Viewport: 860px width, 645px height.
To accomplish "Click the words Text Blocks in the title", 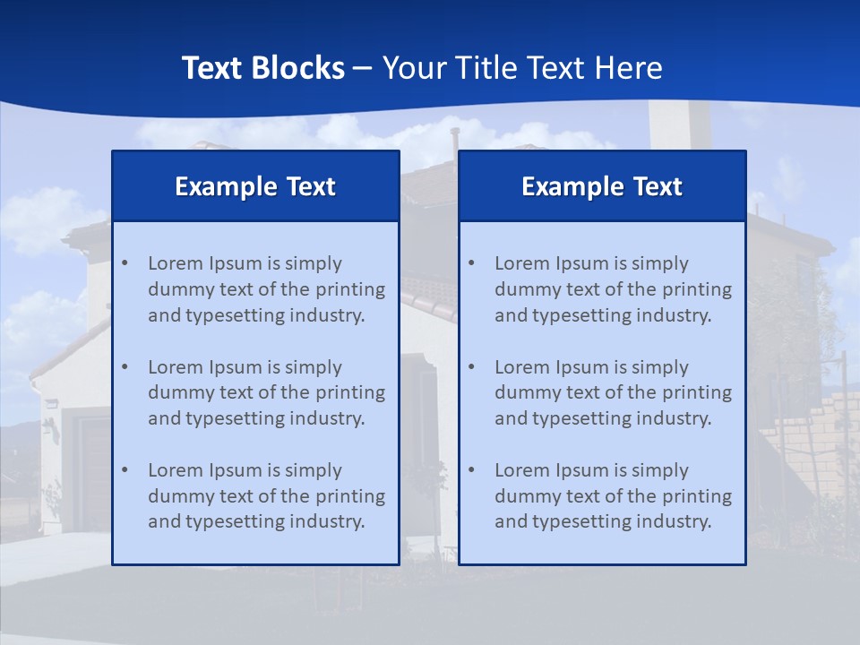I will click(x=262, y=68).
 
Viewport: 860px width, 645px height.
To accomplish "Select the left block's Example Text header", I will click(x=255, y=186).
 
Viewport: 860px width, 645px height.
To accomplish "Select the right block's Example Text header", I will click(x=602, y=186).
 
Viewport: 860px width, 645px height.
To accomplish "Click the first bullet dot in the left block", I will click(x=125, y=263).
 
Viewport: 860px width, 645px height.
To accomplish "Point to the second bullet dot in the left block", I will click(x=125, y=367).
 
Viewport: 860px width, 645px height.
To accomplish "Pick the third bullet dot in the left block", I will click(x=125, y=470).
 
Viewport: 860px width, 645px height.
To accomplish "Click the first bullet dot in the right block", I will click(x=471, y=263).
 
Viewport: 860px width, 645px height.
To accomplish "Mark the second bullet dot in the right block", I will click(x=471, y=367).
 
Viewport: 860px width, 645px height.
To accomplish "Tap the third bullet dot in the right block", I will click(x=471, y=470).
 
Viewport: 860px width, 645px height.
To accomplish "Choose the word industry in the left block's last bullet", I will click(x=327, y=521).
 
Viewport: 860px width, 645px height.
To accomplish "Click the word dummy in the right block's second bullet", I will click(x=524, y=392).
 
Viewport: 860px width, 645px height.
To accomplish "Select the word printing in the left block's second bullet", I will click(x=353, y=392).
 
